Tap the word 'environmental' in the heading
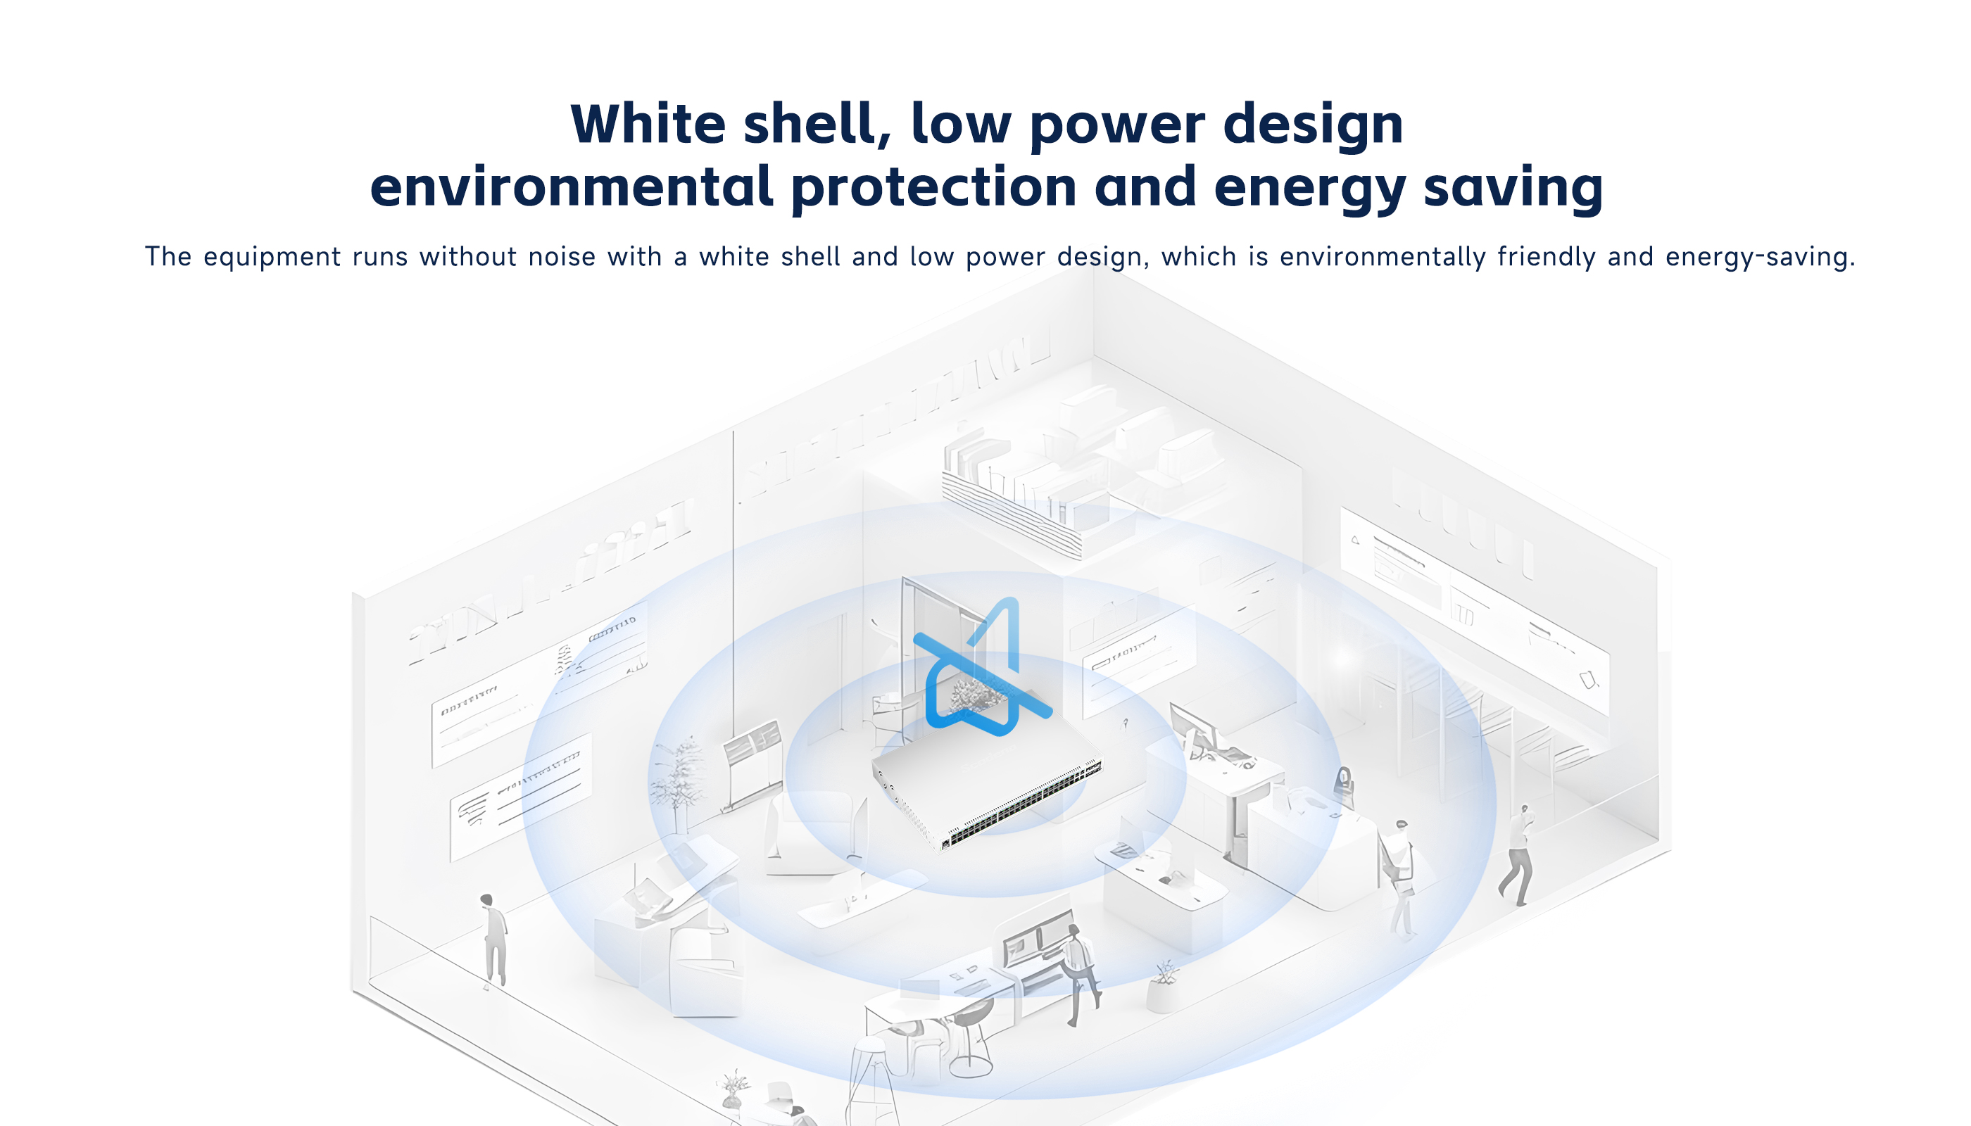(x=572, y=187)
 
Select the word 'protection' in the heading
(x=933, y=187)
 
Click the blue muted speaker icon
(x=983, y=666)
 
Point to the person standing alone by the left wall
(x=493, y=940)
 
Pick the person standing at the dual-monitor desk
(x=1079, y=975)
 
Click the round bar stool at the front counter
(x=970, y=1037)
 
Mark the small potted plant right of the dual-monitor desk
(x=1164, y=986)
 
